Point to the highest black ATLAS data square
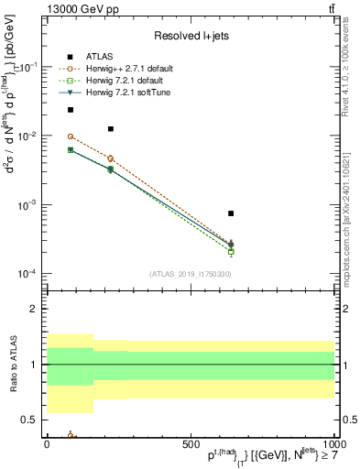71,110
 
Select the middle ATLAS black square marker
111,129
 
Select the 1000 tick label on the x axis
333,443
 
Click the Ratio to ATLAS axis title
11,364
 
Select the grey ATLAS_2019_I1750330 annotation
191,273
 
